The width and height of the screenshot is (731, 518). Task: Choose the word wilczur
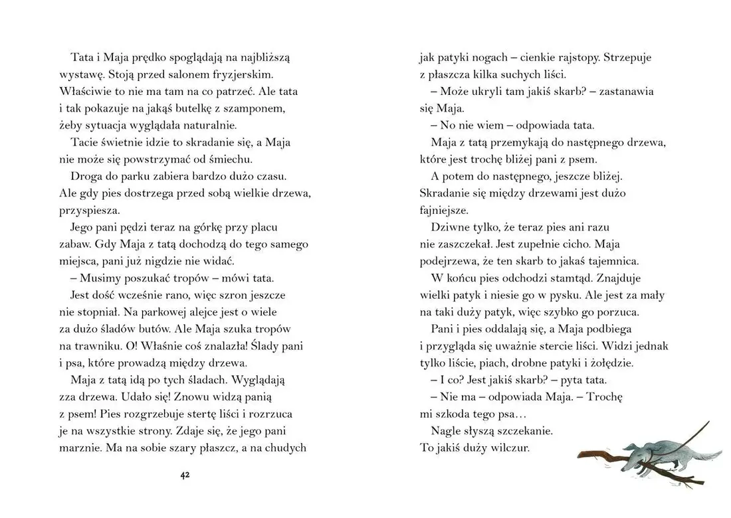point(508,448)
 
